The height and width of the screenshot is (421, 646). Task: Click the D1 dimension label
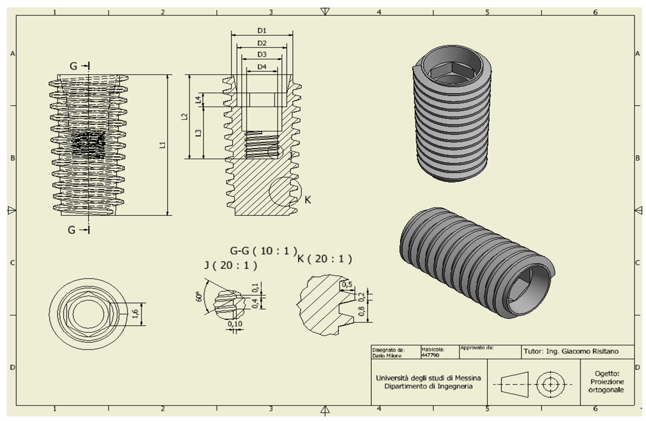pyautogui.click(x=262, y=31)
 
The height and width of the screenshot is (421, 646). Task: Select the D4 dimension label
pyautogui.click(x=262, y=67)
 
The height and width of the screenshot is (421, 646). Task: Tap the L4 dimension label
pyautogui.click(x=199, y=100)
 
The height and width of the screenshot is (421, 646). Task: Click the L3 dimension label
pyautogui.click(x=199, y=133)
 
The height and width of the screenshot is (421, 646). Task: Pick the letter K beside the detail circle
pyautogui.click(x=308, y=200)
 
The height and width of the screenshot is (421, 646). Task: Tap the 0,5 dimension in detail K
pyautogui.click(x=347, y=284)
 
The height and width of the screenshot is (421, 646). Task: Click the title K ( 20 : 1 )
pyautogui.click(x=325, y=259)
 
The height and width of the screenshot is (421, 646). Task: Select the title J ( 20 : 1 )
pyautogui.click(x=230, y=265)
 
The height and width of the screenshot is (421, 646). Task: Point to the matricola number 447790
pyautogui.click(x=430, y=355)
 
